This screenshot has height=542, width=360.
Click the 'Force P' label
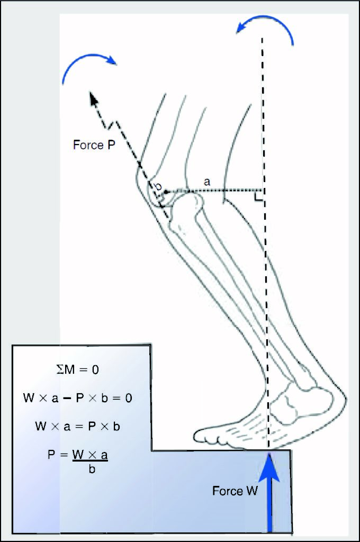(94, 145)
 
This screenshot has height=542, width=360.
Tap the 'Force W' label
(235, 491)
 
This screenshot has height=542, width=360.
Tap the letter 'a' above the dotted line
(207, 182)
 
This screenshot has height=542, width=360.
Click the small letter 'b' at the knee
(158, 186)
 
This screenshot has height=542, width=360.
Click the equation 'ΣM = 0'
(77, 369)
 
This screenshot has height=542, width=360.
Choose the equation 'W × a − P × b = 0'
(77, 398)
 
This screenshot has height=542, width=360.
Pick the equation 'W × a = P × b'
(77, 426)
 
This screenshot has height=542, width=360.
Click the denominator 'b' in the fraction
(92, 469)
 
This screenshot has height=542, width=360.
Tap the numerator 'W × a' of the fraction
(90, 455)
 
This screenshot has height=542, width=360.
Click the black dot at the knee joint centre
(166, 192)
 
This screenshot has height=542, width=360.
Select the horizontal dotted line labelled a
(214, 191)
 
